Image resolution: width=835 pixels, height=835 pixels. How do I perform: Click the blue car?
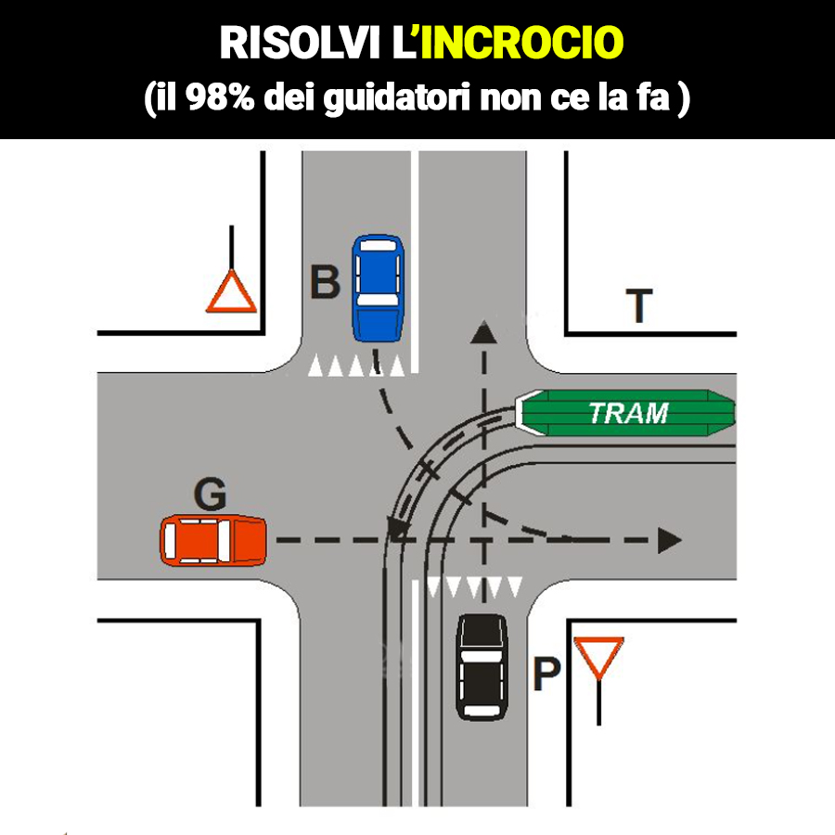tap(378, 288)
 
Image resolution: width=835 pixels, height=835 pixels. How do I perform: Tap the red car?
tap(213, 541)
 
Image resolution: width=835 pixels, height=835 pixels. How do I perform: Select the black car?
tap(482, 665)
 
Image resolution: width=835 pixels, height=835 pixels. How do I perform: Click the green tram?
tap(626, 413)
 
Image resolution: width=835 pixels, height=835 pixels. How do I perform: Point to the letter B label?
tap(324, 282)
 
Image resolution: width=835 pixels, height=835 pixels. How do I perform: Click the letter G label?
tap(210, 496)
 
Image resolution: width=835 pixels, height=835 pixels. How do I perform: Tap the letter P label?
tap(546, 676)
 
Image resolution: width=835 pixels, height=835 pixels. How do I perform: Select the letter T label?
tap(638, 306)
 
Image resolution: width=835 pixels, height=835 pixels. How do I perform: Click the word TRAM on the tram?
tap(629, 413)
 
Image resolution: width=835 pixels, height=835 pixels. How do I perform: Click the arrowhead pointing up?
tap(482, 331)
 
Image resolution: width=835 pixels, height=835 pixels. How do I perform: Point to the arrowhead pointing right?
tap(670, 540)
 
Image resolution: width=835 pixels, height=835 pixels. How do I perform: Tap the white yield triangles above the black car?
tap(473, 586)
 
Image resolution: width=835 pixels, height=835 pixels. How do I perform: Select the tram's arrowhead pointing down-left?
tap(398, 530)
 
